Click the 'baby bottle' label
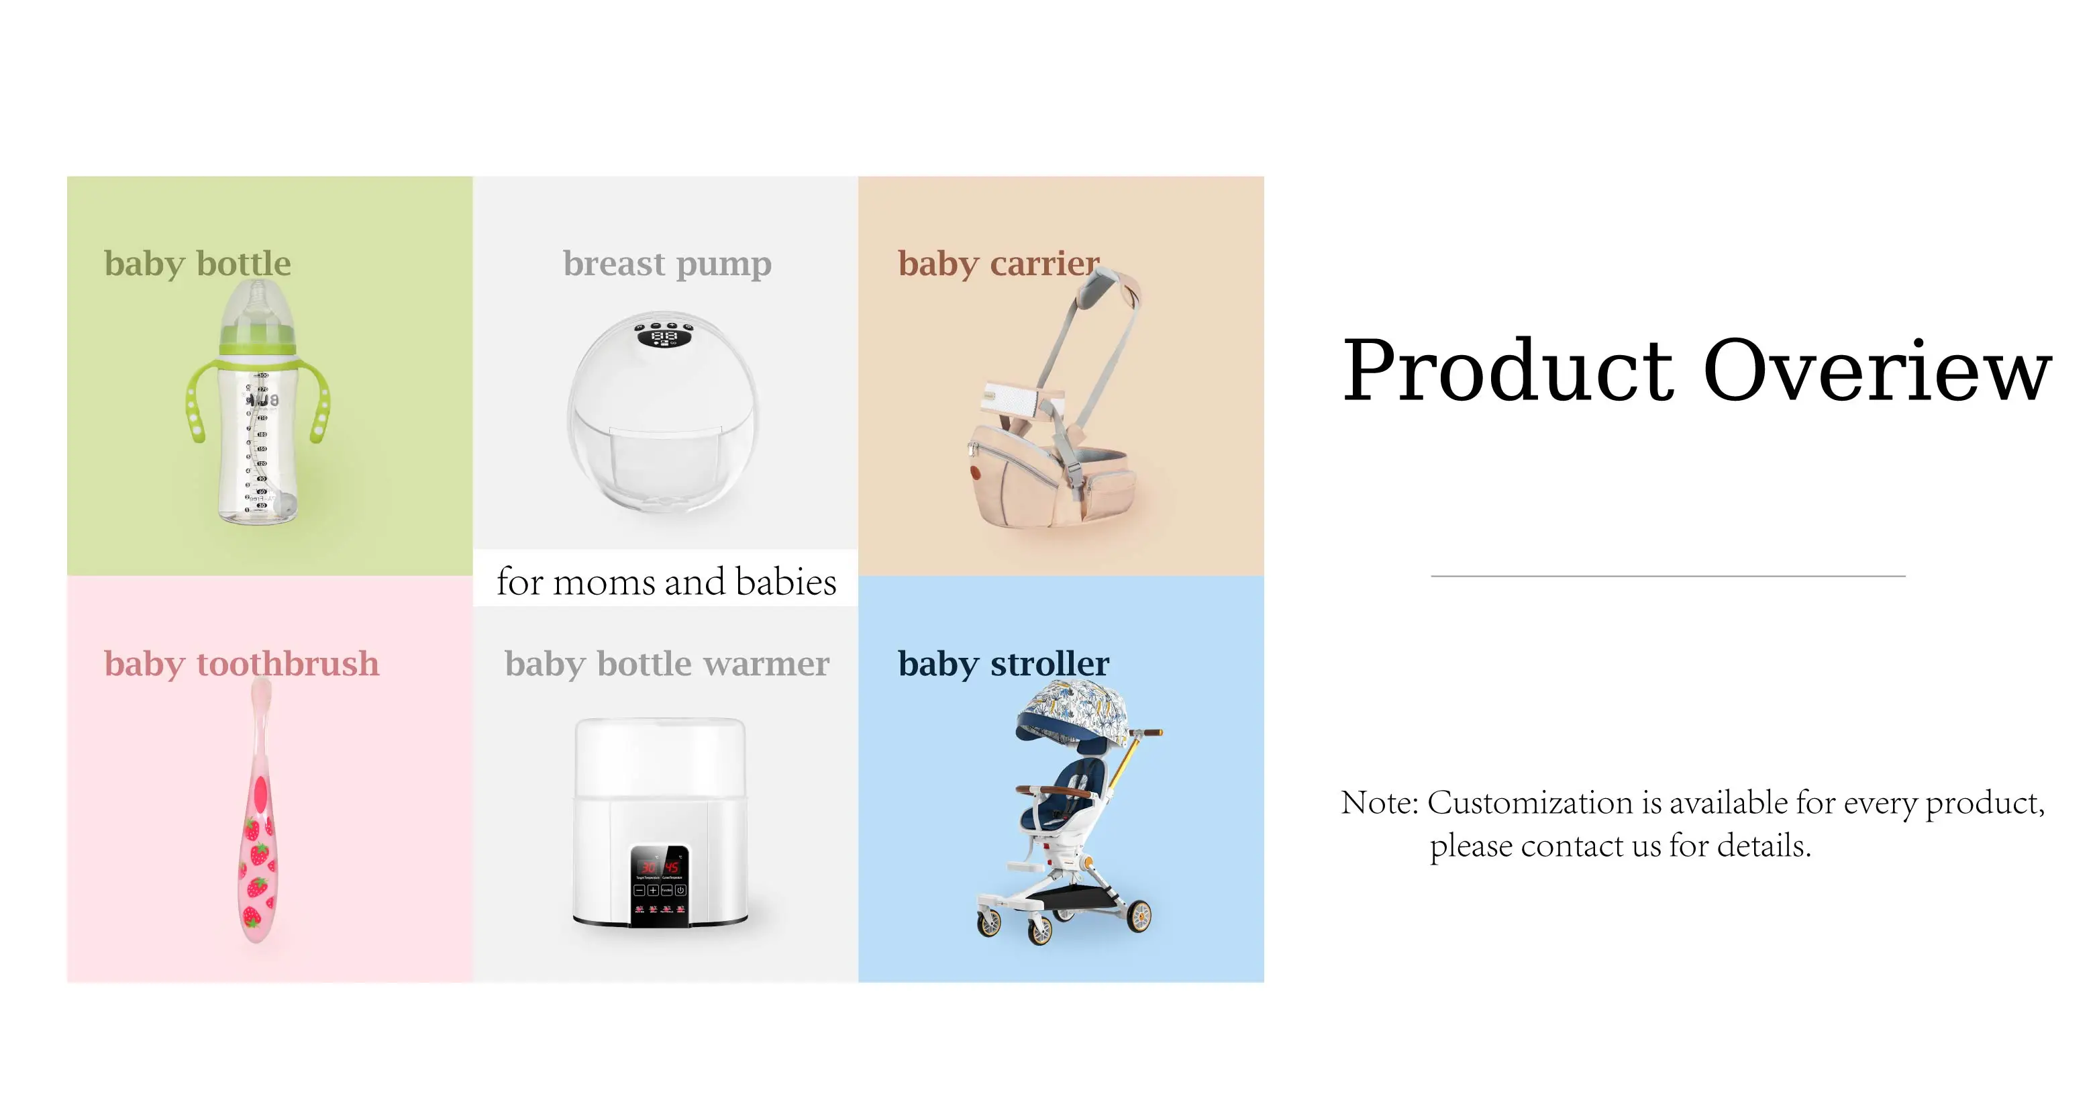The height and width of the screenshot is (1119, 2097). pos(197,264)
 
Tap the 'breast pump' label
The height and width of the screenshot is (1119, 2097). pos(667,264)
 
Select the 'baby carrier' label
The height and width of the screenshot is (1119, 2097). pos(999,264)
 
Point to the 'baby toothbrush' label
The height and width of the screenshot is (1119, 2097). pos(242,664)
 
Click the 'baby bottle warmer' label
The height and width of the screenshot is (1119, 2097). pos(667,664)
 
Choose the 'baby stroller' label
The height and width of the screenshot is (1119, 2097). pos(1004,664)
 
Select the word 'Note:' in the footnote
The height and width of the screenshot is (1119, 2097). pos(1380,803)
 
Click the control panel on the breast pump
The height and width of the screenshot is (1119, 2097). pos(664,334)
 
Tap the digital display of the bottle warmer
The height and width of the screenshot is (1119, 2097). pos(660,866)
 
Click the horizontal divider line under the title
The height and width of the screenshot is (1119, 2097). pos(1668,576)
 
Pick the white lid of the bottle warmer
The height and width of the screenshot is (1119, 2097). pos(660,757)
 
